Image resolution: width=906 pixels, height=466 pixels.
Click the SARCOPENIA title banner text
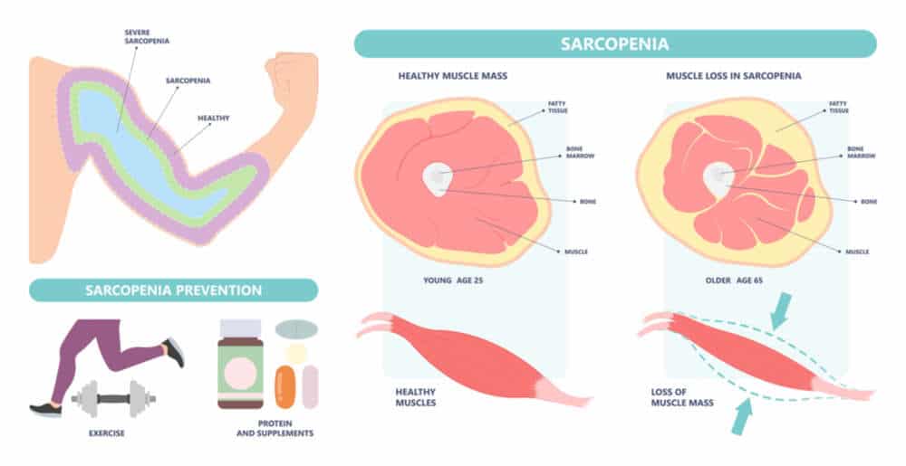615,43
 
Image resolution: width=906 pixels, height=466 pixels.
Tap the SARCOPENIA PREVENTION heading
173,290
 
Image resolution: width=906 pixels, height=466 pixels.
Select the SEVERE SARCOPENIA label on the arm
147,37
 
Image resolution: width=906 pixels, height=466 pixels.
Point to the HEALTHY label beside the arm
213,119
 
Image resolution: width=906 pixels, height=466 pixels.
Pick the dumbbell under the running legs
114,398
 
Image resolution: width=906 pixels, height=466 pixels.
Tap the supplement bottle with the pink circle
240,365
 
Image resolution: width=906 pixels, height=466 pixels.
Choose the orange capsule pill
284,387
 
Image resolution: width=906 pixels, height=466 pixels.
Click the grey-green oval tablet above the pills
296,330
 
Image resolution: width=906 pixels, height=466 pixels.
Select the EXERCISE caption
106,433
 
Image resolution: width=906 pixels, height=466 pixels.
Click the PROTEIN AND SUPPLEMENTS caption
275,429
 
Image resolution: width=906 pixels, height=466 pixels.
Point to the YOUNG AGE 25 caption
453,281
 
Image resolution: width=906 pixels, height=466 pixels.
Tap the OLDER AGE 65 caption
734,281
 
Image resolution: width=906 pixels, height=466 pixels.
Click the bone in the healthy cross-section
438,179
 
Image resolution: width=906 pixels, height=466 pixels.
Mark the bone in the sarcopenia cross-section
718,179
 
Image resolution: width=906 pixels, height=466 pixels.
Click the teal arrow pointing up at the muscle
742,416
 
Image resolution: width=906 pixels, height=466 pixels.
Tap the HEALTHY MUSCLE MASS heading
452,76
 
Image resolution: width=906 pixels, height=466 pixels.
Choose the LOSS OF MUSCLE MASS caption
682,397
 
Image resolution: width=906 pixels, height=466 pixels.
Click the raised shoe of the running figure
174,352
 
